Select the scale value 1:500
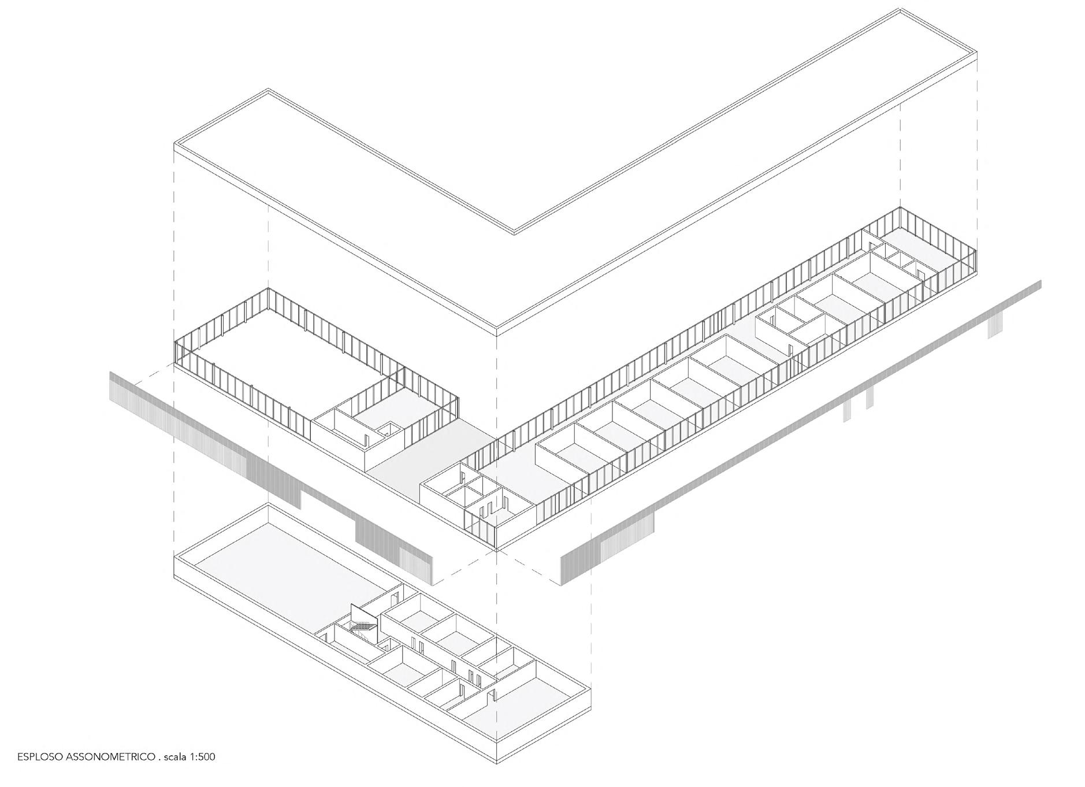202,756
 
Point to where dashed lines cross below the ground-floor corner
497,552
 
